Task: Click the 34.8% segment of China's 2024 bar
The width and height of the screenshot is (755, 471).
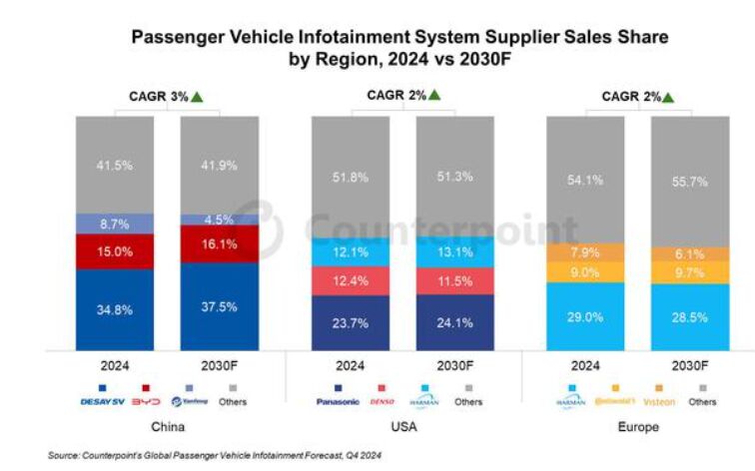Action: click(116, 310)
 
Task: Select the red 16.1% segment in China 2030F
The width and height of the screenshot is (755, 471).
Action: click(220, 242)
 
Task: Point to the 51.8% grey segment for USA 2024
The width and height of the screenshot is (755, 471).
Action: click(350, 177)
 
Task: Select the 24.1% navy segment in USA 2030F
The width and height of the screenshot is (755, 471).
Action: click(454, 323)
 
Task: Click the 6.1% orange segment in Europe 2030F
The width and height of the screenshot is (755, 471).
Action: click(689, 253)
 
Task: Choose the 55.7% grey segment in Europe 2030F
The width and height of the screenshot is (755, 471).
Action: click(689, 182)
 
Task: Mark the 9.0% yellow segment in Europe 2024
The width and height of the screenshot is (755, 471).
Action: click(584, 271)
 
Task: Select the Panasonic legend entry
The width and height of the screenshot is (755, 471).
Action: click(337, 402)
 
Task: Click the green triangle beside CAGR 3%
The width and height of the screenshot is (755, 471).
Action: click(198, 97)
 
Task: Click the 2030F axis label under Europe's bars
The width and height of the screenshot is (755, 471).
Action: click(689, 365)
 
